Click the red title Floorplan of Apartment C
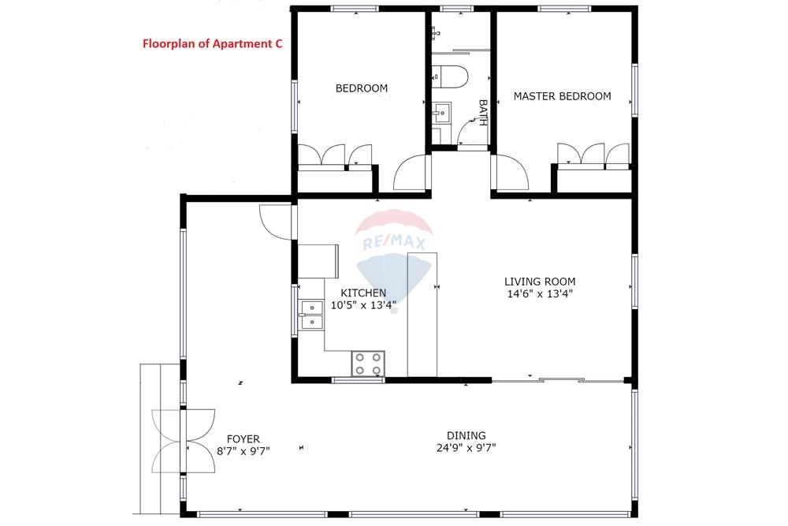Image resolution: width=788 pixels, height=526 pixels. point(212,44)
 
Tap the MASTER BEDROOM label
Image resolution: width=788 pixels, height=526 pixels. point(562,96)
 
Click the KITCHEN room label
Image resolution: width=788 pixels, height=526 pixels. point(363,293)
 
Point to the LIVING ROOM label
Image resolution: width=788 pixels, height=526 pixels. point(540,282)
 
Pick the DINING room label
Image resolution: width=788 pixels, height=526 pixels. point(466,435)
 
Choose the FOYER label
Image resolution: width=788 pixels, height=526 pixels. point(243,439)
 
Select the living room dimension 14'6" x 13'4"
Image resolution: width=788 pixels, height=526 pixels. point(540,293)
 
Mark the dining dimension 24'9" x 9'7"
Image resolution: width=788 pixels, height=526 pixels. point(466,447)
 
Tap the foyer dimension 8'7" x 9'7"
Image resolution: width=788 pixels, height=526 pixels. point(243,451)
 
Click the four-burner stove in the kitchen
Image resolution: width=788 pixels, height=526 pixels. point(368,364)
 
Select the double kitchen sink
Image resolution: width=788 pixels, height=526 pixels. point(311,314)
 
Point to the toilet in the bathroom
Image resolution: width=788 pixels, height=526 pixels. point(451,76)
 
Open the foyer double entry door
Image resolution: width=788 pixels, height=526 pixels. point(183,440)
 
